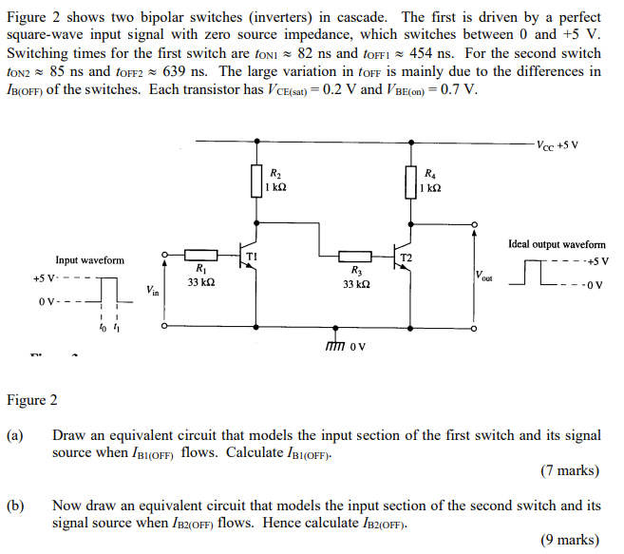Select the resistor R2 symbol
(x=255, y=180)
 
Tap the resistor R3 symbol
(x=355, y=255)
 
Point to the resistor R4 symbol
(x=410, y=180)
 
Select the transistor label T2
(x=407, y=258)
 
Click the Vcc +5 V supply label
(x=558, y=145)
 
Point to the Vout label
(x=484, y=277)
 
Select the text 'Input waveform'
(x=89, y=259)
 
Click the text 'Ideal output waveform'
(x=558, y=244)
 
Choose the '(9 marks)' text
(x=568, y=540)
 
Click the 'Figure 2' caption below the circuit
(x=32, y=399)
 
